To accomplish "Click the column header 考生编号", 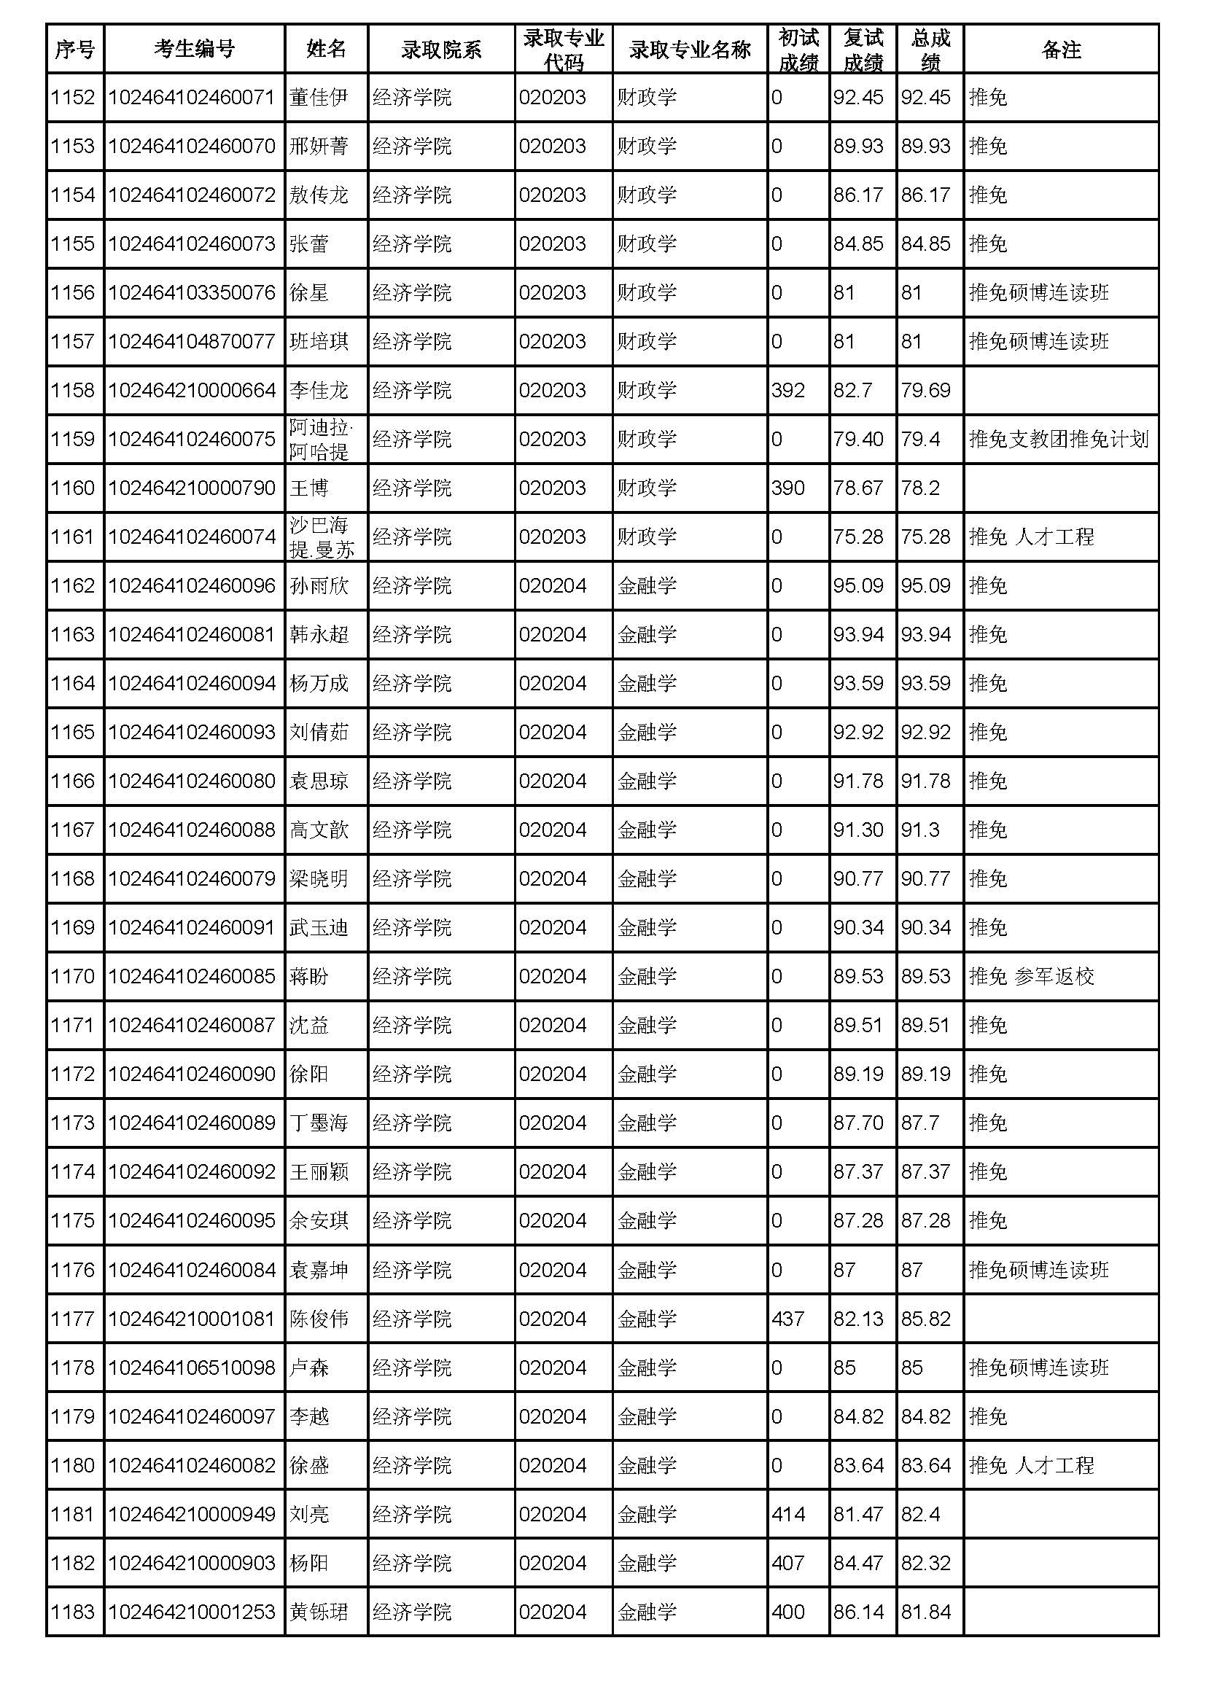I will [x=194, y=49].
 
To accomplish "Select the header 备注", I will [x=1060, y=49].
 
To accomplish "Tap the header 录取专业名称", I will [x=689, y=49].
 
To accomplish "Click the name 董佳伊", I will [x=319, y=97].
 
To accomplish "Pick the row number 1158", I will [x=73, y=390].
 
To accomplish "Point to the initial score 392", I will [x=788, y=390].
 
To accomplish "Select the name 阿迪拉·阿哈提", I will [x=320, y=439].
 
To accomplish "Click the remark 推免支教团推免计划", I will [x=1059, y=439].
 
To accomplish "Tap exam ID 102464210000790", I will [x=192, y=488].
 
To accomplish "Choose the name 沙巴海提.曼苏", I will [x=321, y=537].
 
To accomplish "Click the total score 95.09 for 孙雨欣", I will [x=925, y=586].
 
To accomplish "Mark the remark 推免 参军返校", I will [x=1032, y=977].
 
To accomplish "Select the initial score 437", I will [x=788, y=1319].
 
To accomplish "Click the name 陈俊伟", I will [x=319, y=1319].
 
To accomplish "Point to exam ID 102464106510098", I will [x=192, y=1367].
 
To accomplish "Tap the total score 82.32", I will [x=925, y=1563].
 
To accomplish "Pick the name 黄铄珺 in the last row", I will [x=319, y=1612].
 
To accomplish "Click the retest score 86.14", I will [x=857, y=1612].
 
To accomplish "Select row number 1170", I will [x=73, y=977].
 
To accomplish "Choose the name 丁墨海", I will [x=319, y=1123].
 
